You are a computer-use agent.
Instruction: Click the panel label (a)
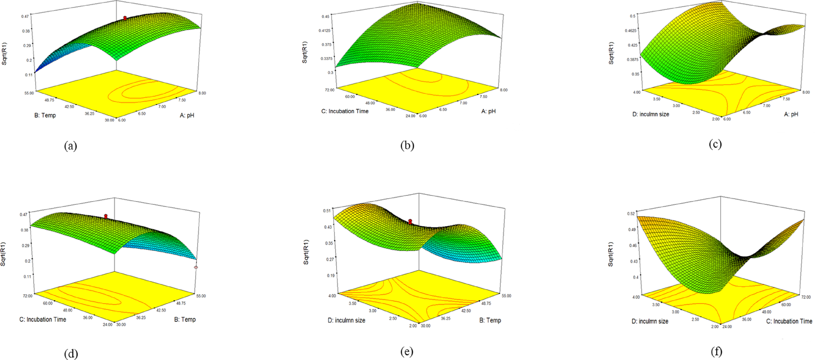tap(71, 146)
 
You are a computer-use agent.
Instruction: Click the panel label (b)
tap(407, 146)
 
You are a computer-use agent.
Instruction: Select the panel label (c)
tap(715, 144)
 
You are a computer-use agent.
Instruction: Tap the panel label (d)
tap(71, 354)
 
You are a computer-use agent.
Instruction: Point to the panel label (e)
tap(407, 352)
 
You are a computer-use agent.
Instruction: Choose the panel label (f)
tap(716, 352)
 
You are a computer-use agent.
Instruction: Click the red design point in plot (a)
tap(125, 18)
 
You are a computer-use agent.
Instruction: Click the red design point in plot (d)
tap(106, 216)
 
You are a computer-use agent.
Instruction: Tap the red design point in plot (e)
tap(410, 222)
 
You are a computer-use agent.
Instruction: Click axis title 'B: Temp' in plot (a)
tap(45, 115)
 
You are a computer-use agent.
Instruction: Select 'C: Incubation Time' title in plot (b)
tap(345, 111)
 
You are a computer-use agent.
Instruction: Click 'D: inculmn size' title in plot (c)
tap(650, 114)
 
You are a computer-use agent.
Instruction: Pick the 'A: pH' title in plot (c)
tap(791, 114)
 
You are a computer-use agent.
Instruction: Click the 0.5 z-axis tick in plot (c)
tap(633, 16)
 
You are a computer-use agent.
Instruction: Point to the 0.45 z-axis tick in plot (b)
tap(325, 16)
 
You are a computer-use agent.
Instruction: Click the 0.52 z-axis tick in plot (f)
tap(631, 213)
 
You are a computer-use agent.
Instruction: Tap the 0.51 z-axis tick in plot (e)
tap(327, 211)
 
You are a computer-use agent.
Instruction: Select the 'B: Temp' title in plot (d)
tap(185, 319)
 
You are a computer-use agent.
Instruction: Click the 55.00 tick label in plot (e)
tap(506, 296)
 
